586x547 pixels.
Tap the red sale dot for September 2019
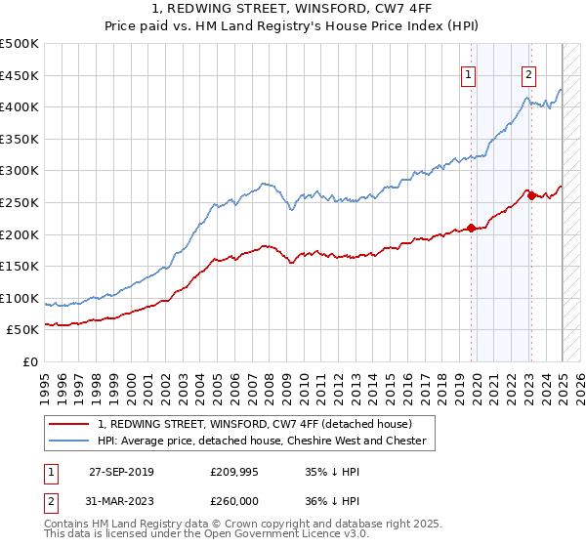pyautogui.click(x=471, y=228)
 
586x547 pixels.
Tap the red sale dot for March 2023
pyautogui.click(x=531, y=195)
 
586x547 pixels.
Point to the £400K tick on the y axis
pyautogui.click(x=21, y=106)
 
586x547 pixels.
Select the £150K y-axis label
pyautogui.click(x=21, y=266)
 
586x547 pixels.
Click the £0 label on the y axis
pyautogui.click(x=30, y=361)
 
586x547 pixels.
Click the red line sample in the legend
pyautogui.click(x=70, y=424)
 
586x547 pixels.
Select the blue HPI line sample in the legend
pyautogui.click(x=70, y=441)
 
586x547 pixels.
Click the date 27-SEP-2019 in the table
pyautogui.click(x=121, y=472)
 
